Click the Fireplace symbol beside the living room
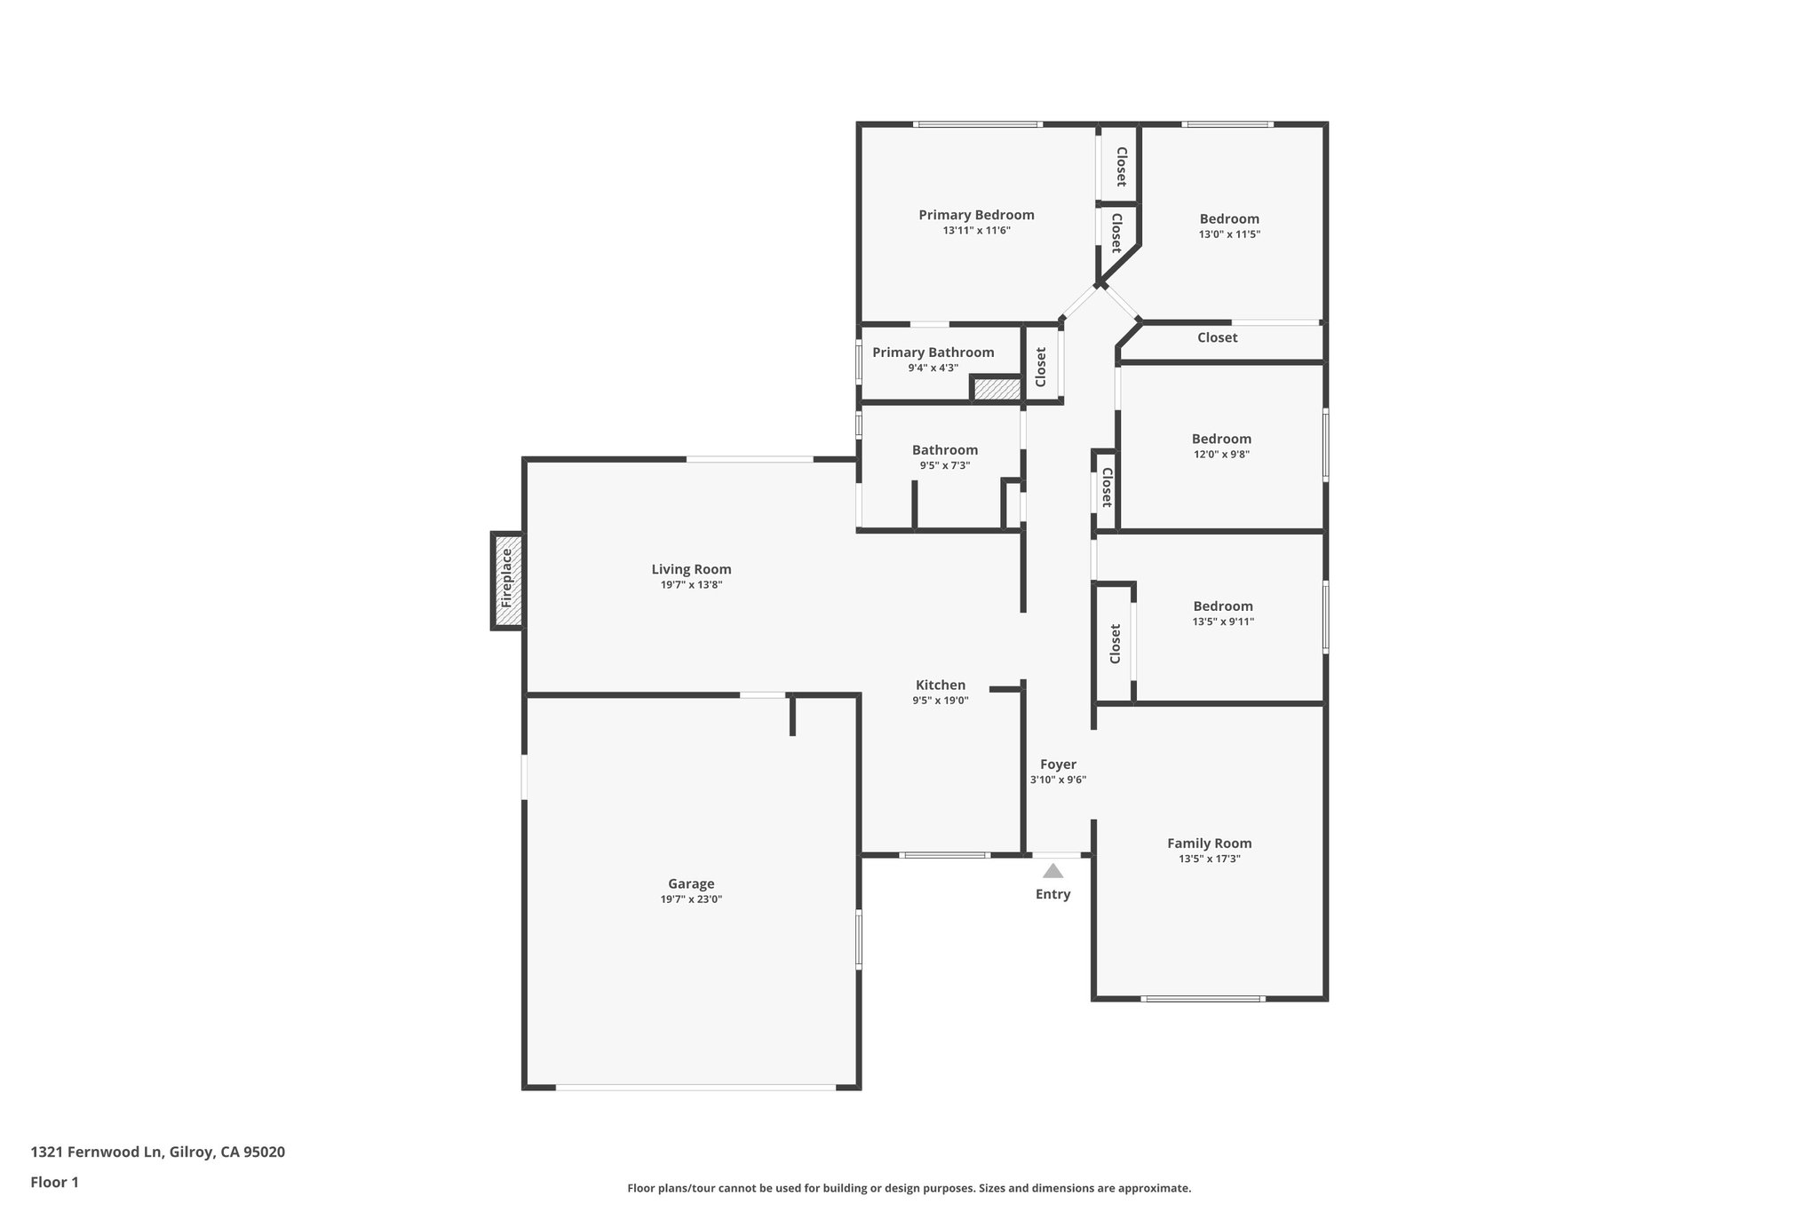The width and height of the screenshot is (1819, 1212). (507, 580)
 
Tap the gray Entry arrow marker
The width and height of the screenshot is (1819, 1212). (1052, 871)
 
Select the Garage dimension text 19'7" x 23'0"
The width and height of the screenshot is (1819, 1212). (691, 899)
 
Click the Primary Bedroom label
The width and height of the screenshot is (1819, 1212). (976, 215)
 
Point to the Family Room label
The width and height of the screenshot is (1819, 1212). (1209, 844)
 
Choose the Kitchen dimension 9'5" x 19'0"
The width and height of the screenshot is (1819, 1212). (941, 701)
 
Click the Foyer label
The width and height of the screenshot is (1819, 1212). (1058, 764)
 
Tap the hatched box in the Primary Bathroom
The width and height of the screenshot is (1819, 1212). (997, 389)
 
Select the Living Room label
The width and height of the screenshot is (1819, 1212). (691, 570)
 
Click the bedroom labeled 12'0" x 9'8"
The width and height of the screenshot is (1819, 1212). (1221, 439)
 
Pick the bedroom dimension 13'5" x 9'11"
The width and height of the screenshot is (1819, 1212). (1223, 622)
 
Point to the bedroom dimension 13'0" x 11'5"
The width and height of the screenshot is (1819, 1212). (1229, 234)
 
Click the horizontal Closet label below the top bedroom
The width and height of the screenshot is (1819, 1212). (1217, 337)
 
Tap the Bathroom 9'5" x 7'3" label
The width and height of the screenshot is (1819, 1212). (944, 450)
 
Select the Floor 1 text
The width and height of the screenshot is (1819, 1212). (55, 1182)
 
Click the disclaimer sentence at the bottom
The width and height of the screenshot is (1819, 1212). (909, 1188)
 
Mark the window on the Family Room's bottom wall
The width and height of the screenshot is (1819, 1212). (1203, 999)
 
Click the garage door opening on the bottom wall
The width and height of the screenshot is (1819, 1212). (695, 1087)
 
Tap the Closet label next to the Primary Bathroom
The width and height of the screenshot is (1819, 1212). (1041, 366)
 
